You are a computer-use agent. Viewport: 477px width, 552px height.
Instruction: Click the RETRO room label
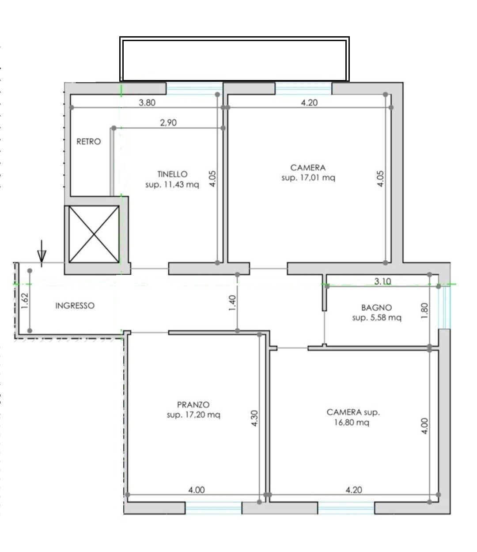click(x=89, y=141)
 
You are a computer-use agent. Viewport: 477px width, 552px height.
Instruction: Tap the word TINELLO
click(x=172, y=174)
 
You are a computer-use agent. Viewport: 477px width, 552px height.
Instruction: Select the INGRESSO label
click(x=75, y=305)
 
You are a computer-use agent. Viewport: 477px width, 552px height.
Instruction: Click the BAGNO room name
click(x=376, y=308)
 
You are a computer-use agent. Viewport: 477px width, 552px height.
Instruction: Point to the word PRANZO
click(x=193, y=404)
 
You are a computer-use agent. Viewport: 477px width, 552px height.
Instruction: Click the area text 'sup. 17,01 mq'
click(x=308, y=178)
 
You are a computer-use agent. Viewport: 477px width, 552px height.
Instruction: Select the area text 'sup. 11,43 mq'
click(x=172, y=185)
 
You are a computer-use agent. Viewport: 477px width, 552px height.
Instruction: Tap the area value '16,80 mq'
click(x=352, y=423)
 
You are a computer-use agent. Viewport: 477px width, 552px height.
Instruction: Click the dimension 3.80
click(x=147, y=103)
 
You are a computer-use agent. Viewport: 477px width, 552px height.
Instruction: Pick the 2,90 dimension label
click(x=168, y=122)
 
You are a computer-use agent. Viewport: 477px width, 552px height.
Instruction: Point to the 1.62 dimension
click(x=24, y=301)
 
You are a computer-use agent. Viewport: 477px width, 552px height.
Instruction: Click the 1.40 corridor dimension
click(x=232, y=303)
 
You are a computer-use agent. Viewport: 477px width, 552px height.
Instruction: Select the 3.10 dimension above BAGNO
click(x=383, y=281)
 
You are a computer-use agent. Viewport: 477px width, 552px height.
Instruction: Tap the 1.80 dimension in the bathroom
click(x=424, y=311)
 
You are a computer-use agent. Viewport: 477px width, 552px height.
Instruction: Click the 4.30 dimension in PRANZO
click(x=254, y=419)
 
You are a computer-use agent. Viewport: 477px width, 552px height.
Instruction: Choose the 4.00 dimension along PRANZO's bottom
click(x=197, y=490)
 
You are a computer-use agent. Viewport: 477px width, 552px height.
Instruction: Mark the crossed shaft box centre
click(x=94, y=234)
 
